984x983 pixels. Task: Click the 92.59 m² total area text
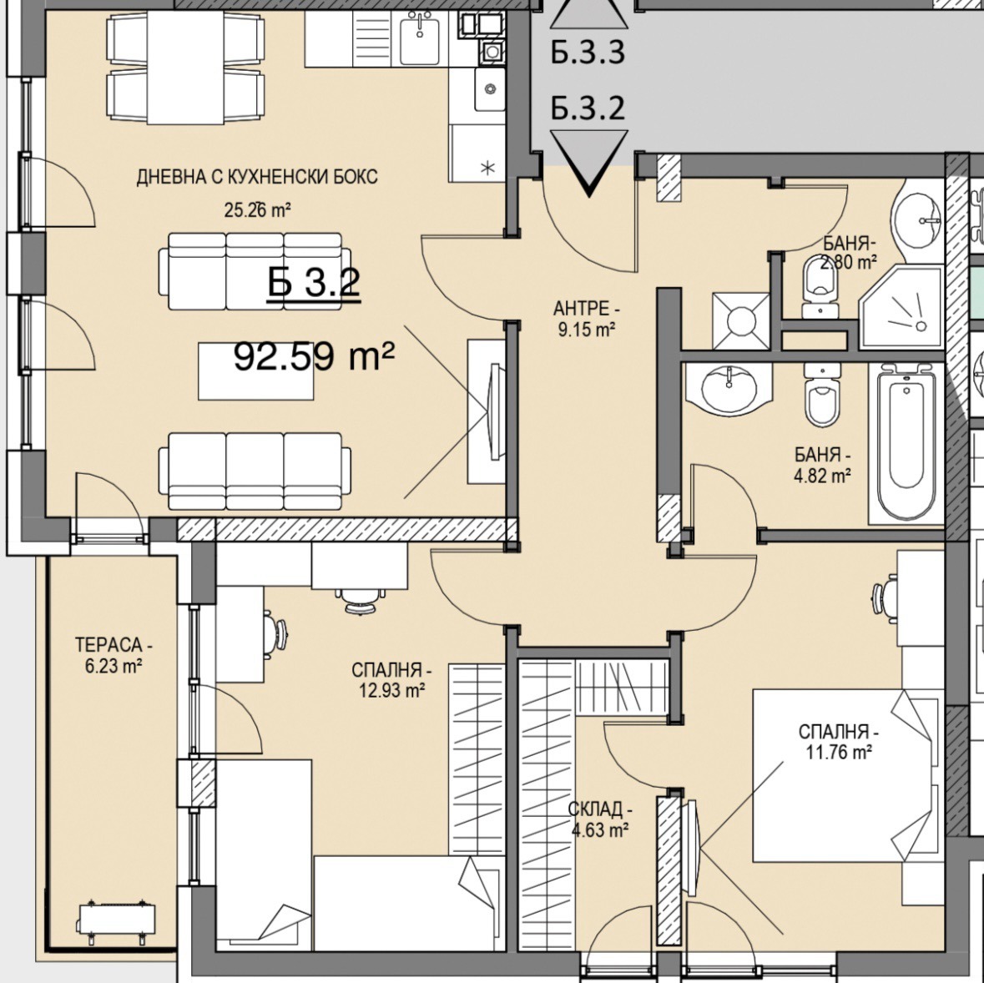pos(314,357)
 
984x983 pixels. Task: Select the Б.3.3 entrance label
pos(588,53)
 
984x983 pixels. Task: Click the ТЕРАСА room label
pos(114,644)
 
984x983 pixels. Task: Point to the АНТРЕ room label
pos(586,309)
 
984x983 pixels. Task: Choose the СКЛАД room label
pos(600,809)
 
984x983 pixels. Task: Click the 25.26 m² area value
pos(257,209)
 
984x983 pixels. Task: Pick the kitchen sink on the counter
pos(419,38)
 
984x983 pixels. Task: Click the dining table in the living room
pos(186,68)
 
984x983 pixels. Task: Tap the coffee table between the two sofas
pos(256,371)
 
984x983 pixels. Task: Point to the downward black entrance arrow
pos(588,163)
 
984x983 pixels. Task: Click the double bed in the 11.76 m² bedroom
pos(847,775)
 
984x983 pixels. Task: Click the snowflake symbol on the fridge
pos(487,168)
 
